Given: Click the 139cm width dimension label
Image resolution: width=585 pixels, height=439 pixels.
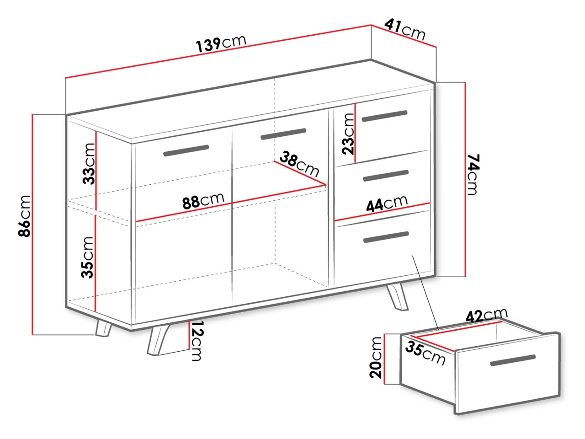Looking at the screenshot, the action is [221, 43].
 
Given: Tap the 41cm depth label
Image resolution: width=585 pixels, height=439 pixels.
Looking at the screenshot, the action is [405, 30].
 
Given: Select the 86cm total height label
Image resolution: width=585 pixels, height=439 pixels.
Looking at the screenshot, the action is [24, 216].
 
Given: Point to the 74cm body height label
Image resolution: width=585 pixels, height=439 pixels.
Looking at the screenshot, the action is [473, 174].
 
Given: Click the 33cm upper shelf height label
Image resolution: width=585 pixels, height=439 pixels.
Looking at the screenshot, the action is [89, 164].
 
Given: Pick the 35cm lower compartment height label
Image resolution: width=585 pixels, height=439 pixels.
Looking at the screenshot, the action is [87, 257].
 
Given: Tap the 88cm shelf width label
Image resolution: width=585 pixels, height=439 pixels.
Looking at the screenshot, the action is [203, 200].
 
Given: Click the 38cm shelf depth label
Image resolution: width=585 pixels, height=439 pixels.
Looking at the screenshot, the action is [299, 164].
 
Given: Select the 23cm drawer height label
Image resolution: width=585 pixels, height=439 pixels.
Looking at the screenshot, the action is [348, 134].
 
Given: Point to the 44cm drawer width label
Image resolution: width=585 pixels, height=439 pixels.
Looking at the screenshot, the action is [387, 203].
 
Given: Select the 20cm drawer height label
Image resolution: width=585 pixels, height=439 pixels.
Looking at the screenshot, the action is [376, 358].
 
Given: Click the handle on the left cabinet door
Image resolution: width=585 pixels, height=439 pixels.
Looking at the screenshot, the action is [186, 150].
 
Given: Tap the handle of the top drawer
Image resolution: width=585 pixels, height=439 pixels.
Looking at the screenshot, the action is [384, 116].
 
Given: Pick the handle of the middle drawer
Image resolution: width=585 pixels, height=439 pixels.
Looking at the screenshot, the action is [386, 176].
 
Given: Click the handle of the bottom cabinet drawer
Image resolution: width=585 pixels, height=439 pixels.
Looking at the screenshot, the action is [386, 237].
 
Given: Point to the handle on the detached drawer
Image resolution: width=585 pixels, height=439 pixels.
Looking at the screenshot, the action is [513, 360].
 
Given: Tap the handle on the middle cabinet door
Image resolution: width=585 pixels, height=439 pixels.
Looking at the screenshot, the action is [283, 134].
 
